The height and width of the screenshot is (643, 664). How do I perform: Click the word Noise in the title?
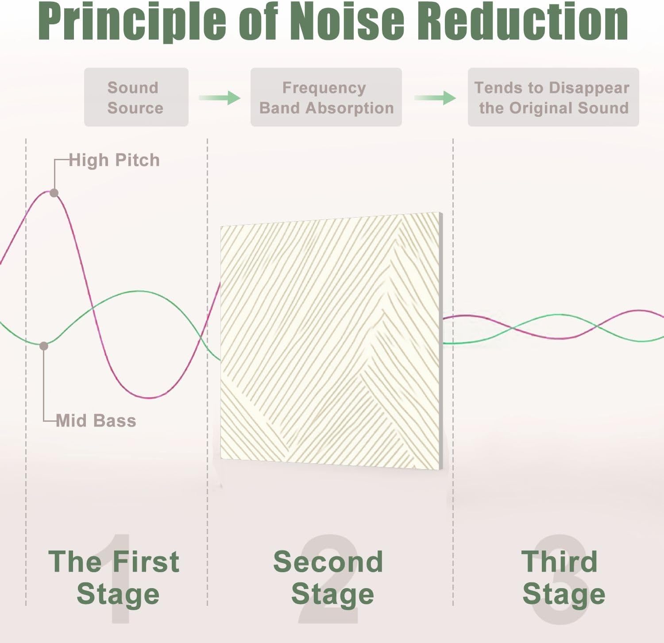click(x=349, y=21)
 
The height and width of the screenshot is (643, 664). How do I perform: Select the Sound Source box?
click(x=136, y=97)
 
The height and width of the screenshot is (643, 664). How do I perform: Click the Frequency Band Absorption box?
click(x=326, y=97)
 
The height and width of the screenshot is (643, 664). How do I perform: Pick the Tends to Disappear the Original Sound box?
click(x=553, y=97)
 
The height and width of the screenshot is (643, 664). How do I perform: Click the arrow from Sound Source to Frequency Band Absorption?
click(x=220, y=98)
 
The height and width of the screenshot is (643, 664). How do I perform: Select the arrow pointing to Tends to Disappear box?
click(x=435, y=98)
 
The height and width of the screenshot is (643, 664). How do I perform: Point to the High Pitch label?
click(x=114, y=160)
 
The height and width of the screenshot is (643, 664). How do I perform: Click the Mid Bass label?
click(x=96, y=420)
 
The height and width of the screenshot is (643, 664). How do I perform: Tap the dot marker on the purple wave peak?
click(x=54, y=193)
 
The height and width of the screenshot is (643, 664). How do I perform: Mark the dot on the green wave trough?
click(x=44, y=346)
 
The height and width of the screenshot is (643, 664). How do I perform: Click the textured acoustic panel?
click(x=332, y=341)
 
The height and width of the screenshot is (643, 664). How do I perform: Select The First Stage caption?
click(x=114, y=578)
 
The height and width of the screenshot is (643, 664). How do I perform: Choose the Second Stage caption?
click(x=328, y=578)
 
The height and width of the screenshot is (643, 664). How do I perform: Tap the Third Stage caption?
click(x=563, y=578)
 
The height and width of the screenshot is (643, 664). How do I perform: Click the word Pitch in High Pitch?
click(x=137, y=160)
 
